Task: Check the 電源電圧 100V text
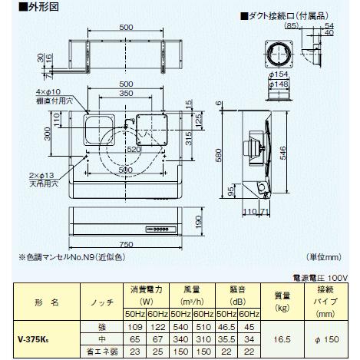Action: [x=320, y=275]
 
